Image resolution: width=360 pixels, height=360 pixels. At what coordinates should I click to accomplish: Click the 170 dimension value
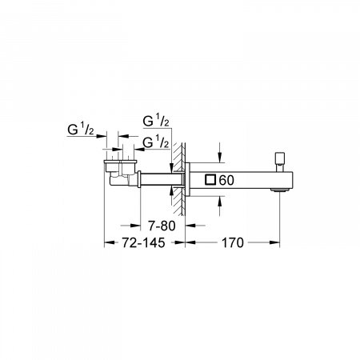(231, 242)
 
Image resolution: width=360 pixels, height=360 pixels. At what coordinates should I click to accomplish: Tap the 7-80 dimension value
(150, 225)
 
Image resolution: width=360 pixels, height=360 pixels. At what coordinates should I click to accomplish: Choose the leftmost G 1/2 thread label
(81, 128)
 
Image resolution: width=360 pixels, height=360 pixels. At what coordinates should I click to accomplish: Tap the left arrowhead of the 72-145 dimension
(107, 242)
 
